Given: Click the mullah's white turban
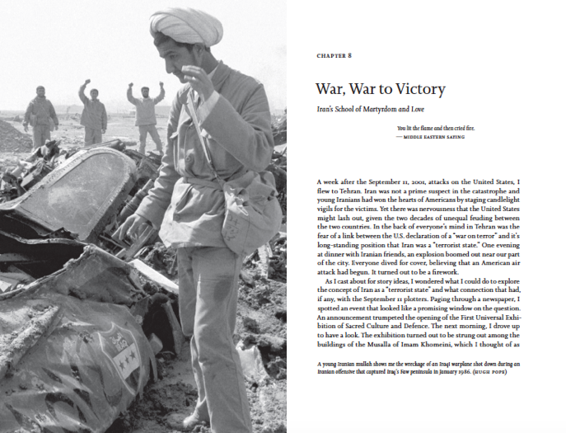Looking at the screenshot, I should (185, 26).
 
